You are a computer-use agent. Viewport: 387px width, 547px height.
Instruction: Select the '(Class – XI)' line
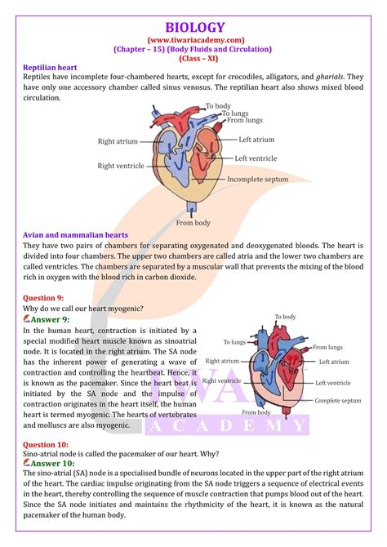[193, 59]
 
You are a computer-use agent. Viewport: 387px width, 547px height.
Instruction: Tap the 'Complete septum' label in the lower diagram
[337, 401]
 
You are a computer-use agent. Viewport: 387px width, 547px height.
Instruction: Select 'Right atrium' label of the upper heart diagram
[118, 141]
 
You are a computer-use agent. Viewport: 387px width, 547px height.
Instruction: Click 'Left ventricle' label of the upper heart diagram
[258, 158]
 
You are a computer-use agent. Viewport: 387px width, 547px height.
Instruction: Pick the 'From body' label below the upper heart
[193, 223]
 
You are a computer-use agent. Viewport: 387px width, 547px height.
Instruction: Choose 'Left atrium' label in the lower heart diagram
[333, 361]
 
